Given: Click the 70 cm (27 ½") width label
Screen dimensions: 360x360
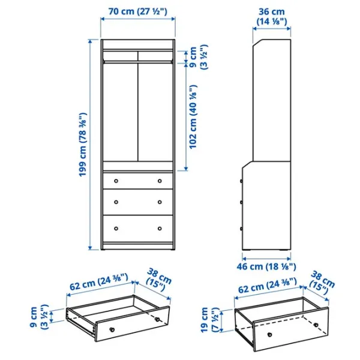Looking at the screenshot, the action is [x=138, y=11].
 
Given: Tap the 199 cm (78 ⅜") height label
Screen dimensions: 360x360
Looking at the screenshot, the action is [x=83, y=145].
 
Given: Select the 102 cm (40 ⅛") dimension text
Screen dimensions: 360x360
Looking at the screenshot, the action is [x=193, y=117].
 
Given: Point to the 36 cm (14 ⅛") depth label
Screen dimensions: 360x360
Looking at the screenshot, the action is [x=272, y=17].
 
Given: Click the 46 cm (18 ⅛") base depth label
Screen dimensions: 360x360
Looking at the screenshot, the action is [x=266, y=266].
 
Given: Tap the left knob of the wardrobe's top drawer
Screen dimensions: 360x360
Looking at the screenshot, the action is [x=116, y=181].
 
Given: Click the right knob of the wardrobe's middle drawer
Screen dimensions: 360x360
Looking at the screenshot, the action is [x=160, y=202].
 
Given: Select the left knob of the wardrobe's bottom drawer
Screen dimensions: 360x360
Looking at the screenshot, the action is [x=116, y=229].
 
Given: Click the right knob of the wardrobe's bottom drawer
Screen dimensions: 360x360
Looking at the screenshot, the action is [x=160, y=229].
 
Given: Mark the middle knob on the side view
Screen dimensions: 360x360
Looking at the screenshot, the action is [x=241, y=202].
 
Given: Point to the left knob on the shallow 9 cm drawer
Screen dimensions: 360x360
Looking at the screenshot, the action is [x=112, y=329].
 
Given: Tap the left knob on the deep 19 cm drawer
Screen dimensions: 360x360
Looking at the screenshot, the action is [x=270, y=335].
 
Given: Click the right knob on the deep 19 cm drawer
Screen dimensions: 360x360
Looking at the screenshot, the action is [x=316, y=325].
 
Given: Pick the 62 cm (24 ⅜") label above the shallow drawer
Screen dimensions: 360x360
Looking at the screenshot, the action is [x=99, y=282].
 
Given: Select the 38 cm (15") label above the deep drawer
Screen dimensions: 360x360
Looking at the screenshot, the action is [x=322, y=283].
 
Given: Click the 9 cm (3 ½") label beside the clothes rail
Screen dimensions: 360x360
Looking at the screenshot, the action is [x=198, y=57].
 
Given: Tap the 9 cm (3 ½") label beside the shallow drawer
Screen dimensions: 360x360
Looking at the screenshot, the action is [x=39, y=317].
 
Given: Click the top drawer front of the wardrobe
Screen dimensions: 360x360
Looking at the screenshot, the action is [x=138, y=181].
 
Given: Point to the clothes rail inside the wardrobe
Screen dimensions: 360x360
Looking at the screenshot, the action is [x=138, y=62].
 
